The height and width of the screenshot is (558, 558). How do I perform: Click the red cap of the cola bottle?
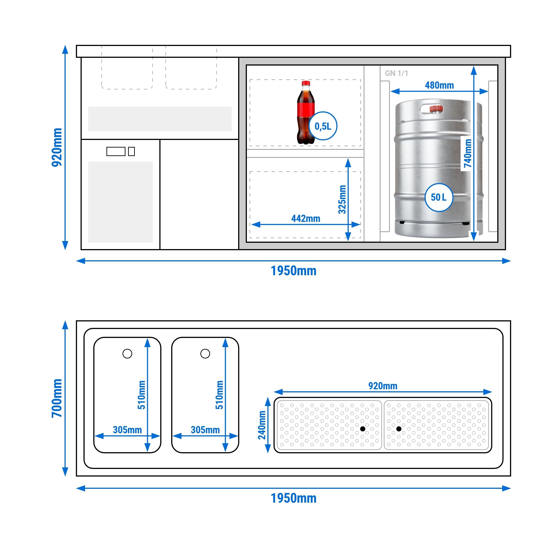tap(306, 83)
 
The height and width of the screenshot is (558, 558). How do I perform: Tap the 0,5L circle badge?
tap(323, 126)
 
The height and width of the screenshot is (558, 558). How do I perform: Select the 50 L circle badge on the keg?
tap(438, 198)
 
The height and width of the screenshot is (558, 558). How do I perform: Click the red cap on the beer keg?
tap(436, 109)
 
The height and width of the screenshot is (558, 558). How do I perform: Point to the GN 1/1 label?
tap(396, 73)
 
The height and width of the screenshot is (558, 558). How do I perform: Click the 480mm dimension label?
tap(439, 85)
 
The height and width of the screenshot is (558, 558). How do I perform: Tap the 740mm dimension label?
tap(467, 153)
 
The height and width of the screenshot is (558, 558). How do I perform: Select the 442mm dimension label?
tap(306, 219)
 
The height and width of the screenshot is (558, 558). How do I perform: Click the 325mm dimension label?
tap(342, 199)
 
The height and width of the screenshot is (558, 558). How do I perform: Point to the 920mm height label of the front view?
tap(57, 147)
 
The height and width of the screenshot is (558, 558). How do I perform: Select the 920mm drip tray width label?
tap(383, 386)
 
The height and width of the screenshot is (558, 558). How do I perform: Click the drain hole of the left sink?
tap(127, 354)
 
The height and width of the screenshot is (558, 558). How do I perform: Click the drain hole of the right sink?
tap(205, 354)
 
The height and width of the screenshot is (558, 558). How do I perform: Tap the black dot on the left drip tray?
tap(363, 429)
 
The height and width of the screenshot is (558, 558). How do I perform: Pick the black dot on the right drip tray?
tap(399, 429)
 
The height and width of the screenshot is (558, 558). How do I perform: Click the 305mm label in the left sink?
tap(127, 430)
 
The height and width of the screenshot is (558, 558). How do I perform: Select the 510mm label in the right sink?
tap(219, 395)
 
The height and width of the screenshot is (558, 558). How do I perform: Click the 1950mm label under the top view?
tap(294, 498)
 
